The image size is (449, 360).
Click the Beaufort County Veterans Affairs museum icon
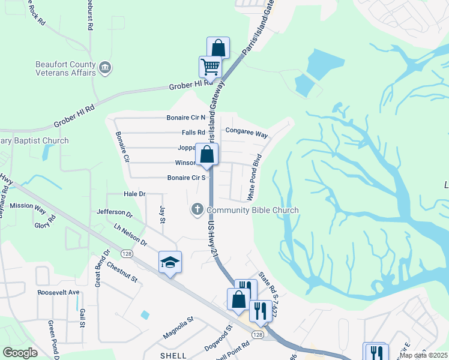click(105, 67)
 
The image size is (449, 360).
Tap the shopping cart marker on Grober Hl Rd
click(210, 67)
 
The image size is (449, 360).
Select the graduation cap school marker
click(170, 262)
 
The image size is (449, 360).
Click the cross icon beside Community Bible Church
click(197, 209)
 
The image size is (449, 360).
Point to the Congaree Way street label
click(246, 132)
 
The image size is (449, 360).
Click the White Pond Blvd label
click(255, 177)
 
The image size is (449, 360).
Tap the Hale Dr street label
click(134, 194)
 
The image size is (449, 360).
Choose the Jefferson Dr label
click(114, 212)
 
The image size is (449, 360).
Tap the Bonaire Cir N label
click(186, 118)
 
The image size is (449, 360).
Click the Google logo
click(20, 352)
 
